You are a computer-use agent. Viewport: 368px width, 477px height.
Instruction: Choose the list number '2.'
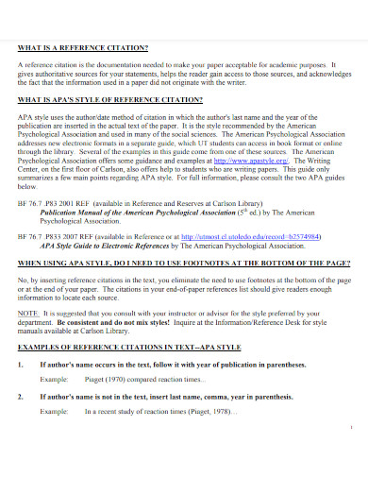click(22, 371)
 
